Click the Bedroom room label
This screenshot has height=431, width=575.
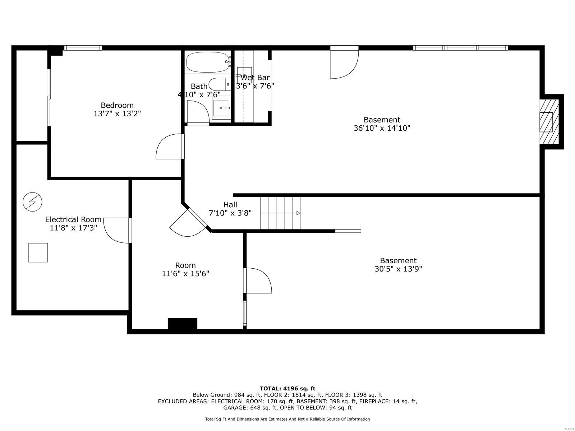pos(117,105)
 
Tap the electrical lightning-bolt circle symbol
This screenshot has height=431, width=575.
pos(32,202)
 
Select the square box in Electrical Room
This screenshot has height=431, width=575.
pos(38,252)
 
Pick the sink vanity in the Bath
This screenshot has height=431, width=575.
pos(221,108)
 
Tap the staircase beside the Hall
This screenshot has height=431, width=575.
pos(280,213)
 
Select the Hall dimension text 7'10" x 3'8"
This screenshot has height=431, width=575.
pos(230,213)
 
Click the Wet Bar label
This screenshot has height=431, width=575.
pos(255,78)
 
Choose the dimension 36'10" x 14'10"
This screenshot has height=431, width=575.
pos(382,128)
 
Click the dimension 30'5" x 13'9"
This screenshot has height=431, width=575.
pos(398,269)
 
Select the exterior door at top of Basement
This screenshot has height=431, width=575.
pos(344,63)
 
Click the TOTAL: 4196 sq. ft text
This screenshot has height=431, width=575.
pos(287,388)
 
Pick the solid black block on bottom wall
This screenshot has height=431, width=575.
pos(183,324)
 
